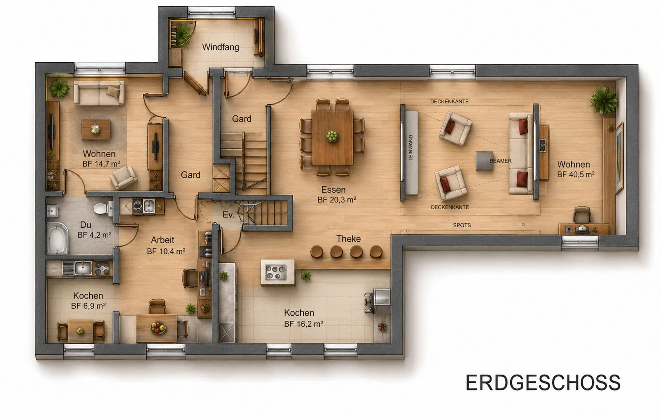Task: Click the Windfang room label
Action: click(220, 47)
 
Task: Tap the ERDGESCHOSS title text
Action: click(543, 383)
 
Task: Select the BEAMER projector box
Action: click(484, 161)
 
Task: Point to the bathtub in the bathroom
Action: click(57, 239)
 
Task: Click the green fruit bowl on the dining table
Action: click(332, 135)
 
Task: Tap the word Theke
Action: click(349, 239)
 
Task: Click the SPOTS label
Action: click(462, 225)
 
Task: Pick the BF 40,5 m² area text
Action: click(576, 174)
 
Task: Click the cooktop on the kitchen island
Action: click(276, 272)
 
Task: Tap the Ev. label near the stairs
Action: click(228, 214)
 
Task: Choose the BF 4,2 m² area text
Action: click(94, 235)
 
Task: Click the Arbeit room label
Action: click(162, 240)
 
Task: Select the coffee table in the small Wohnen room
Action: click(96, 129)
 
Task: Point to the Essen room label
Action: click(333, 189)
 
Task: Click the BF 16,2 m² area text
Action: click(303, 324)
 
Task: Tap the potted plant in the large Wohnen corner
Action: click(603, 101)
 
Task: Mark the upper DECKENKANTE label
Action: click(449, 102)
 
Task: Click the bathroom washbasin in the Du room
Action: click(52, 211)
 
